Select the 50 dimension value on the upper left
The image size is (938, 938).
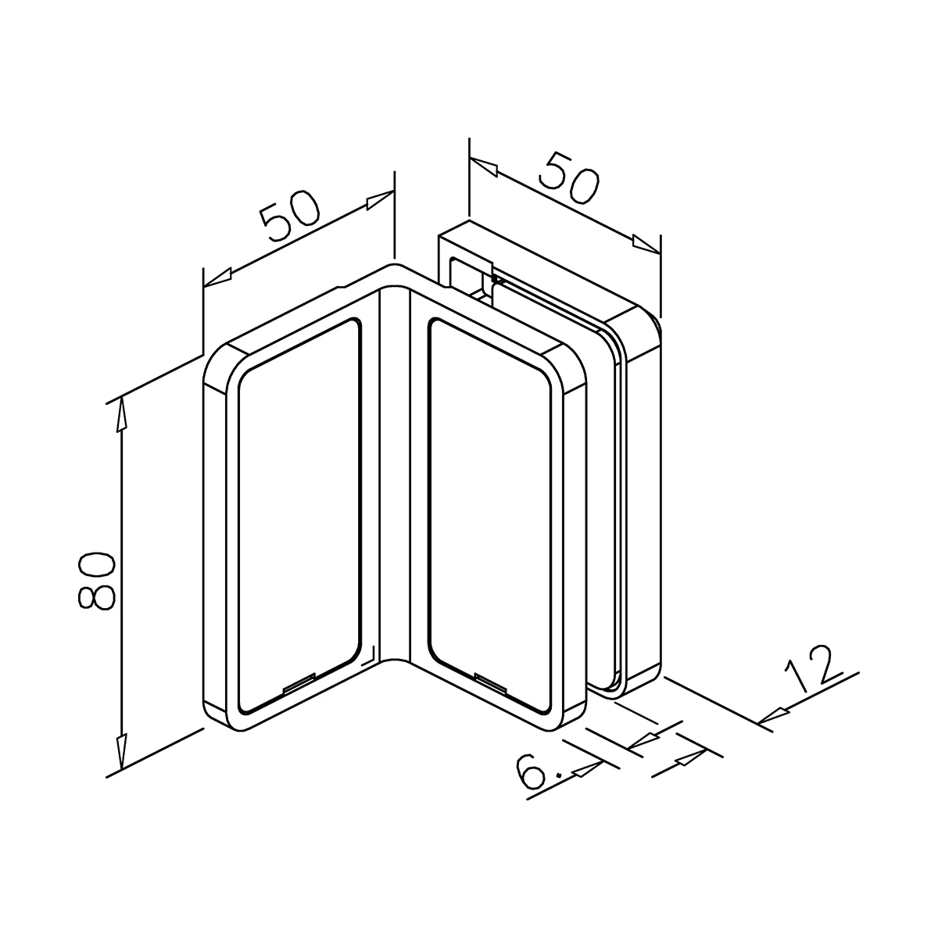click(291, 213)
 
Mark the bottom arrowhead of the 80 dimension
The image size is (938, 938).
click(121, 752)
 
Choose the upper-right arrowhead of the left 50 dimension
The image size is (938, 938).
click(379, 199)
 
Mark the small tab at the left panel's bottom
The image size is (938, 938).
click(298, 685)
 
